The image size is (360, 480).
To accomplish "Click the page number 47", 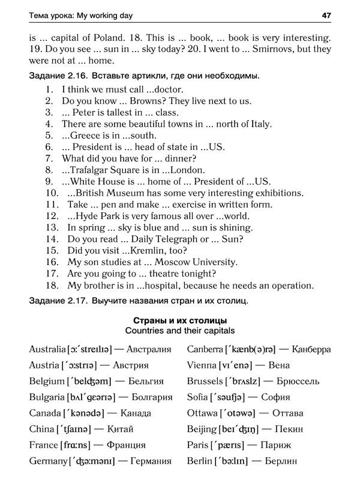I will (x=326, y=14).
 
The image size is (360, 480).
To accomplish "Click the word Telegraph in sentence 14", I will (x=167, y=239).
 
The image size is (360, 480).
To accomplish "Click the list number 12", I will (x=51, y=216).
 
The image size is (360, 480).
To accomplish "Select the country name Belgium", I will (x=46, y=381).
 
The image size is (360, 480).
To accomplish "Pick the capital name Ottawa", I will (x=202, y=413).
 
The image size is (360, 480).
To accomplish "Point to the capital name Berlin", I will (x=200, y=461).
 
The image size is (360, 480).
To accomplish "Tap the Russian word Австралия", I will (x=148, y=349).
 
